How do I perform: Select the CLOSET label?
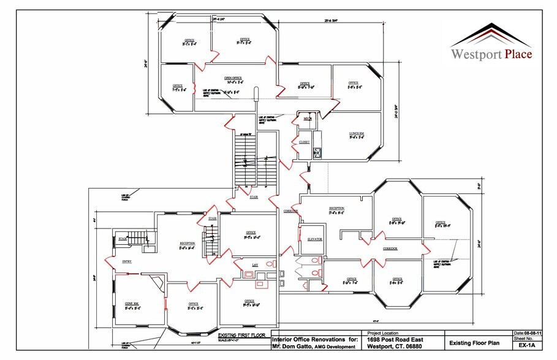304,141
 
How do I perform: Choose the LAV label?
255,264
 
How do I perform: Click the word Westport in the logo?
477,54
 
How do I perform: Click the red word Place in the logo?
518,54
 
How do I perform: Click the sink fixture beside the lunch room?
317,152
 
